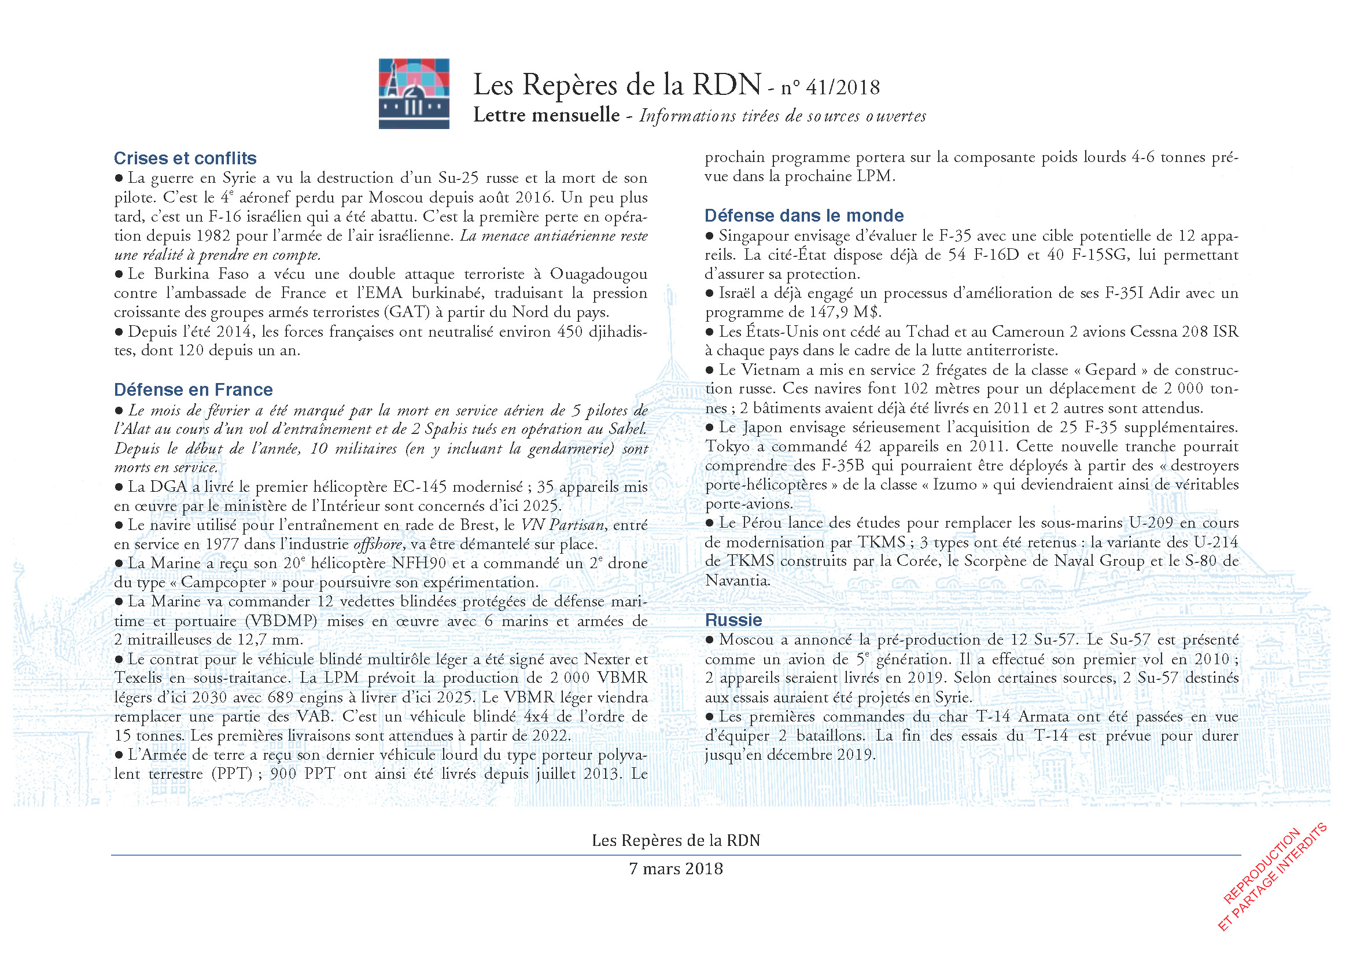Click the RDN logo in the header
(x=414, y=93)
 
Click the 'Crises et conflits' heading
(x=185, y=158)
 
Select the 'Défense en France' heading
(x=193, y=389)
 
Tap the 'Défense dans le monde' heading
(x=804, y=215)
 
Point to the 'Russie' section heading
(x=733, y=620)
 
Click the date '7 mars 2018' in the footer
(x=676, y=868)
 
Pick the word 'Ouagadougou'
(x=599, y=274)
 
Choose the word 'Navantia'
(x=737, y=580)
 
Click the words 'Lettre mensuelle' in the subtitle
(x=546, y=115)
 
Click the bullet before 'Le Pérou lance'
(x=710, y=523)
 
